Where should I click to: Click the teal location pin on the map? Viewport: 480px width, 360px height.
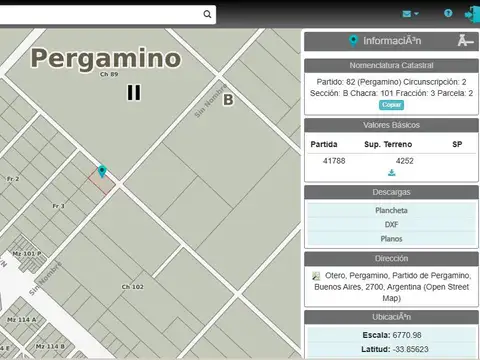click(102, 172)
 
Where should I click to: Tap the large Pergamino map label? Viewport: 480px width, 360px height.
click(105, 58)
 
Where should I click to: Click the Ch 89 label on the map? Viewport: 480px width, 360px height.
click(109, 75)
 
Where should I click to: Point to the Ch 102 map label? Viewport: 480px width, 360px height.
click(132, 287)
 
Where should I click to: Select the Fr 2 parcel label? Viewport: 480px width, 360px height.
click(13, 179)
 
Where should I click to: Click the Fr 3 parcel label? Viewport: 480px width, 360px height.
click(57, 206)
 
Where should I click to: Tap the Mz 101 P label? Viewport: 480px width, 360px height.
click(26, 254)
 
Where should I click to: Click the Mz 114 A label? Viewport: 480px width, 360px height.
click(21, 319)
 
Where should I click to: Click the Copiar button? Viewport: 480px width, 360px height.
click(391, 104)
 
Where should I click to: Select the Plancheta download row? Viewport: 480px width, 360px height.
click(390, 211)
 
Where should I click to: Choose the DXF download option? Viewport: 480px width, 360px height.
click(391, 225)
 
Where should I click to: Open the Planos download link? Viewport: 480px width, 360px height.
click(391, 239)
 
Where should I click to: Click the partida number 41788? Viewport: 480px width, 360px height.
click(334, 160)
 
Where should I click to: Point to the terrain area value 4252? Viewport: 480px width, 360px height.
click(404, 160)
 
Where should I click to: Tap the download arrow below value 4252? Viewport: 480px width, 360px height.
click(391, 173)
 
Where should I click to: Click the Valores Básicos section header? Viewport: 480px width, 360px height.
click(391, 125)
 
